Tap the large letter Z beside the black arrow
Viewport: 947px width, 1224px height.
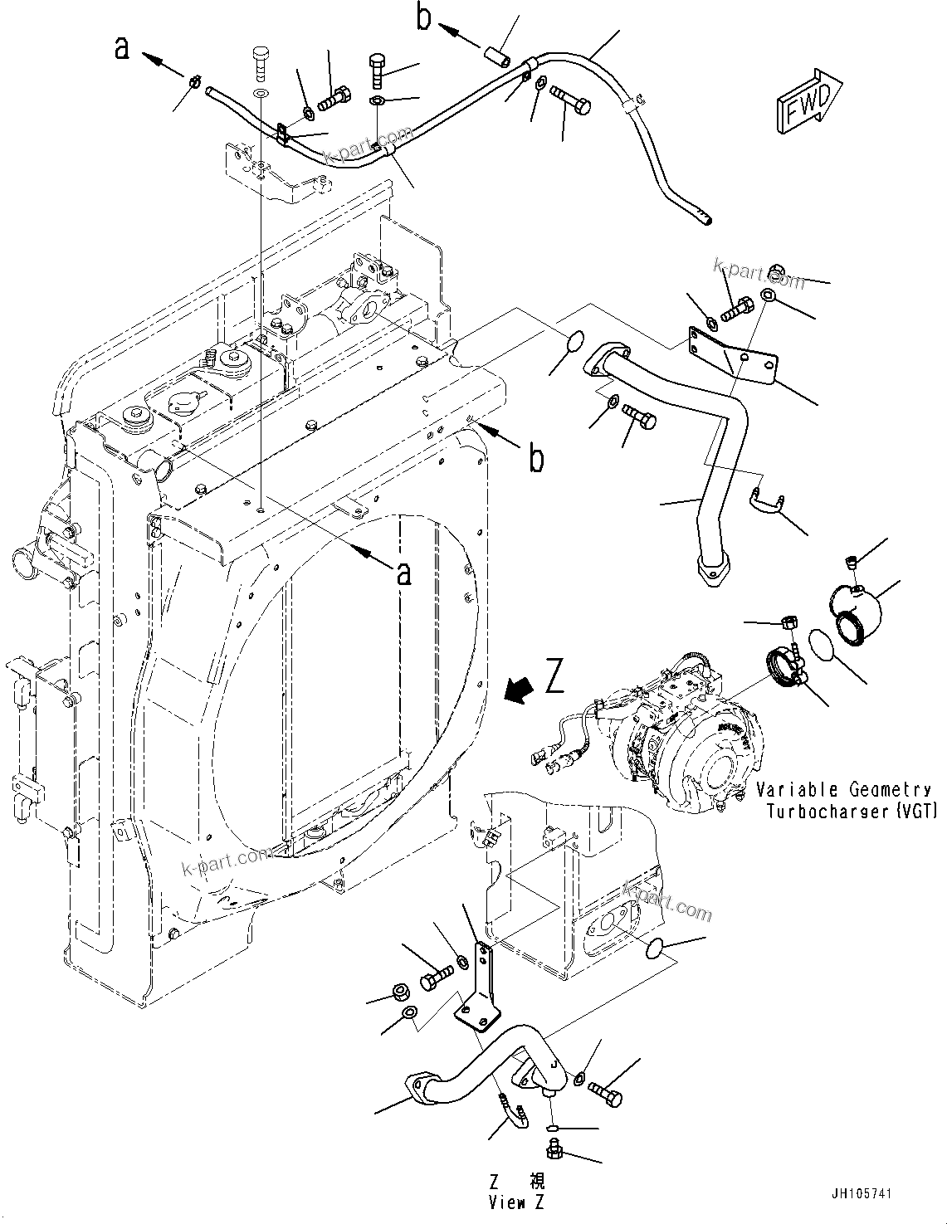[x=555, y=676]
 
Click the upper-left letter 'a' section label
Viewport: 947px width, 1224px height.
[x=123, y=48]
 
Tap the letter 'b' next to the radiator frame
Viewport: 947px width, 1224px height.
[x=537, y=457]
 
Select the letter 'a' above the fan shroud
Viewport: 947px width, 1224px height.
[x=404, y=573]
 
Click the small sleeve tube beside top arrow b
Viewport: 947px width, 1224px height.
[x=498, y=52]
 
